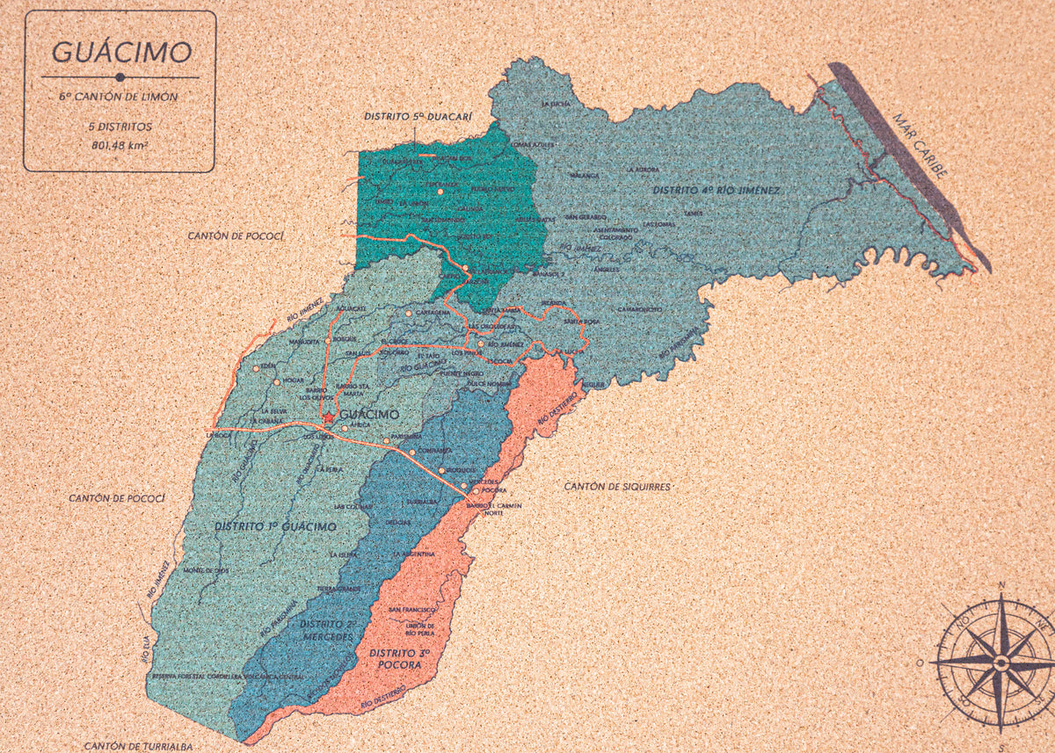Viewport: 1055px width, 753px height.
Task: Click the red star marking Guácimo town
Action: click(329, 416)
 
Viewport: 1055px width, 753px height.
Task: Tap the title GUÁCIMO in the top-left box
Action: click(120, 52)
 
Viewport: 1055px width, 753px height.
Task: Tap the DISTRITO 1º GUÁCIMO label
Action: click(274, 526)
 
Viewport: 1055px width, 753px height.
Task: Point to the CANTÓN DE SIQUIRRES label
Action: click(617, 486)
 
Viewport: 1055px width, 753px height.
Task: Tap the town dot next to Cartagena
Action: click(409, 313)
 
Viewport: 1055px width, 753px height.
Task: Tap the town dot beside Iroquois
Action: click(441, 470)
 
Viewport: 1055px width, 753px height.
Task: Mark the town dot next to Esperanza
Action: click(440, 191)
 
